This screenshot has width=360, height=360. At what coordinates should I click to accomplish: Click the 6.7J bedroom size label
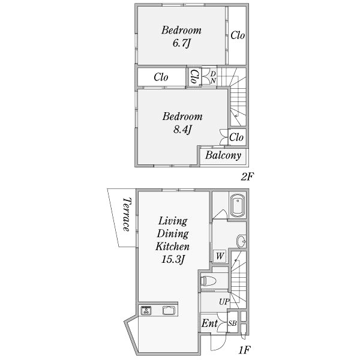(x=182, y=43)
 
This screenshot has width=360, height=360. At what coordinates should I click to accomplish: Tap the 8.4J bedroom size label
(x=182, y=130)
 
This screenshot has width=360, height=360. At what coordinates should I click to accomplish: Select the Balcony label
(x=223, y=155)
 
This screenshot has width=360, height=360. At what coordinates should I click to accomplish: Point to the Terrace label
(x=127, y=214)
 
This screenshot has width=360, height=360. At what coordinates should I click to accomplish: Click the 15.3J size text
(x=173, y=260)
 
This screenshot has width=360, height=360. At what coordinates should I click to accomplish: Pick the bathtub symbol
(x=238, y=205)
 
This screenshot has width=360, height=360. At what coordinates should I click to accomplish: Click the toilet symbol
(x=209, y=281)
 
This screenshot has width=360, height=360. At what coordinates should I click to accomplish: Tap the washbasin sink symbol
(x=241, y=241)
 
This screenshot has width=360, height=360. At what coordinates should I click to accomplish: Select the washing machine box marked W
(x=220, y=256)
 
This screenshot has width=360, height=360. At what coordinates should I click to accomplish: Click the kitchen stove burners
(x=146, y=310)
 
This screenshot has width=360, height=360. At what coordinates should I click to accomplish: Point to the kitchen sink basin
(x=169, y=310)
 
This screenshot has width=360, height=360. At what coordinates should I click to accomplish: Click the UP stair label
(x=224, y=302)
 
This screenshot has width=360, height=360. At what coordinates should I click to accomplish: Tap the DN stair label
(x=213, y=77)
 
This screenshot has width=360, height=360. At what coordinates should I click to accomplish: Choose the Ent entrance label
(x=209, y=323)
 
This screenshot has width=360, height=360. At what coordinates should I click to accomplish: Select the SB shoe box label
(x=232, y=323)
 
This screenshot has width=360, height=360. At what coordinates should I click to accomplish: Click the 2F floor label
(x=247, y=176)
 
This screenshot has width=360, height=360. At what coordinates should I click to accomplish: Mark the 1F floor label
(x=244, y=350)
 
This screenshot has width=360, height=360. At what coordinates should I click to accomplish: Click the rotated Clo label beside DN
(x=194, y=77)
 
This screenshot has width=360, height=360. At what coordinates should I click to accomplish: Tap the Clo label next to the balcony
(x=236, y=137)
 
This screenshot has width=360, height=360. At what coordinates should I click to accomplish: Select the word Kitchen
(x=172, y=247)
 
